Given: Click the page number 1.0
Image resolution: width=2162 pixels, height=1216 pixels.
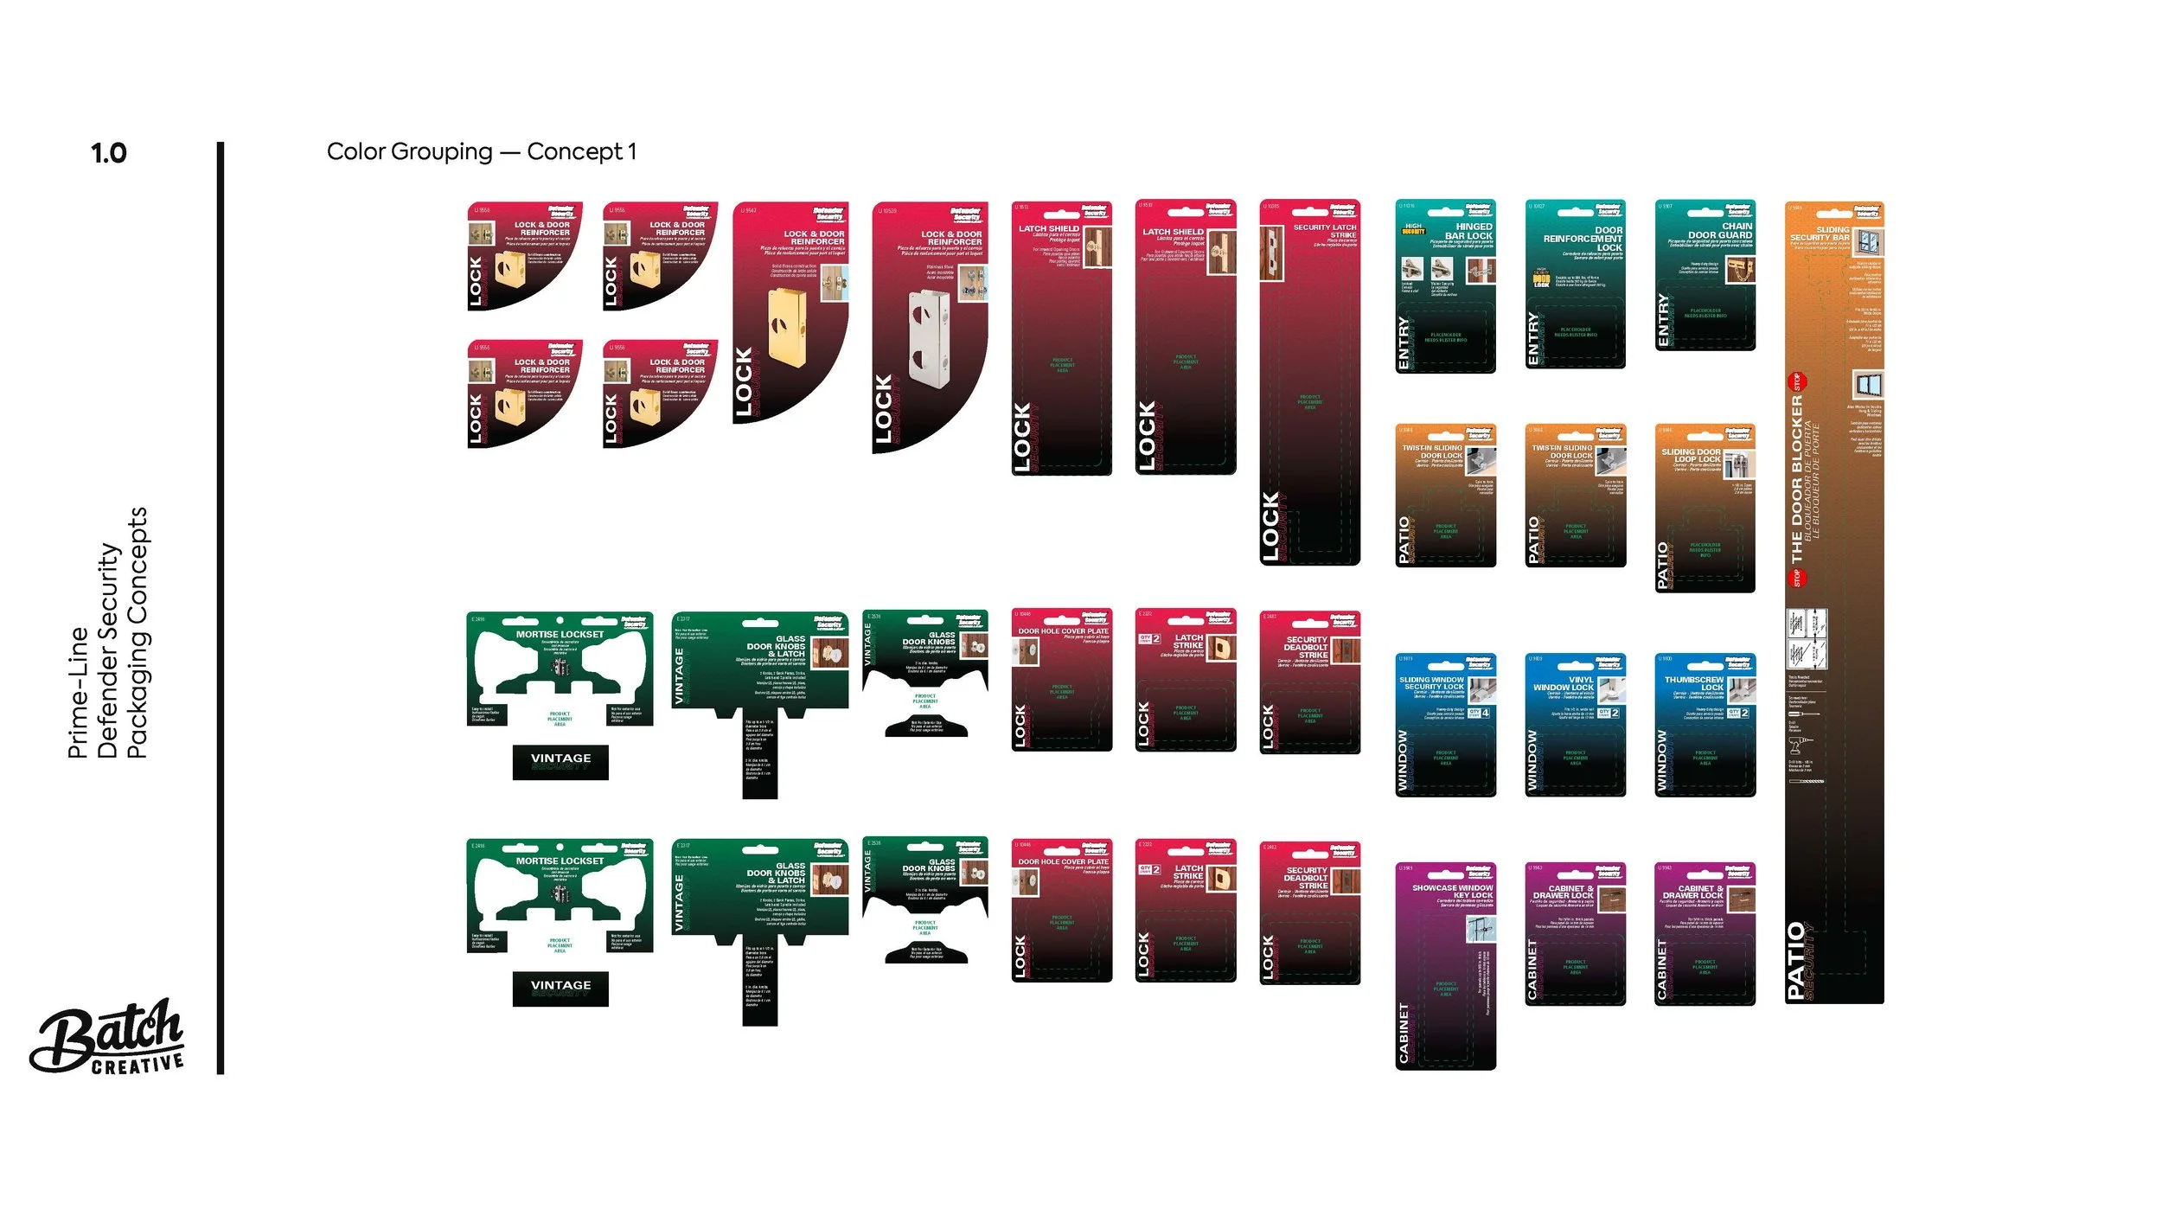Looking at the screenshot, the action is [x=109, y=154].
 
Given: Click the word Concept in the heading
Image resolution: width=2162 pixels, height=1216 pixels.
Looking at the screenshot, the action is [x=574, y=152].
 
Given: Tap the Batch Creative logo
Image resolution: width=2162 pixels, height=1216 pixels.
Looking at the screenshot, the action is [x=108, y=1038].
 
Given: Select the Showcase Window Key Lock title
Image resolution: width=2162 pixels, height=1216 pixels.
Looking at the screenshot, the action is [x=1453, y=892].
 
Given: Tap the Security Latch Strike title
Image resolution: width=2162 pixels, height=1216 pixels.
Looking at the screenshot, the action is [x=1325, y=231].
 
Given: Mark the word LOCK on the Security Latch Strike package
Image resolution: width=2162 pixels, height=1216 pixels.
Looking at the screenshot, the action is [x=1270, y=527].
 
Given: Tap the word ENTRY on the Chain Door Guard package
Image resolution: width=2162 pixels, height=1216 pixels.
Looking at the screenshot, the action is [x=1663, y=320].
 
